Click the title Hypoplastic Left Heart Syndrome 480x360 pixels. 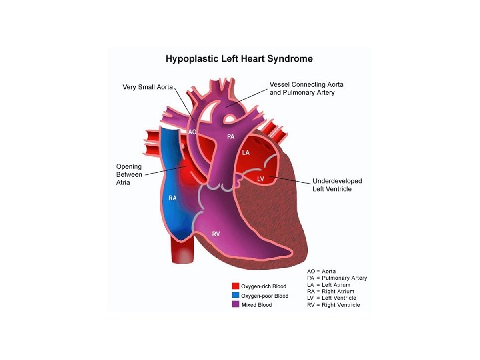click(x=239, y=59)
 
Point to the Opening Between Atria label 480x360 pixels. click(x=129, y=175)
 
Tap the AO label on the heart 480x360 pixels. click(x=193, y=132)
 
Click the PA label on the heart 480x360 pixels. click(x=230, y=136)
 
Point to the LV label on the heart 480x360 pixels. click(x=261, y=178)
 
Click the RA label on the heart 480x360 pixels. click(x=172, y=198)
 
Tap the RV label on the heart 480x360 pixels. click(x=216, y=234)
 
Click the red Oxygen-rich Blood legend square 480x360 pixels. click(x=235, y=286)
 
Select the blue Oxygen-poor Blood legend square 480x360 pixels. click(x=235, y=295)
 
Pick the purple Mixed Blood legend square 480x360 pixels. click(x=235, y=304)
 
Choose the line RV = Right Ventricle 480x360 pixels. click(x=333, y=305)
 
